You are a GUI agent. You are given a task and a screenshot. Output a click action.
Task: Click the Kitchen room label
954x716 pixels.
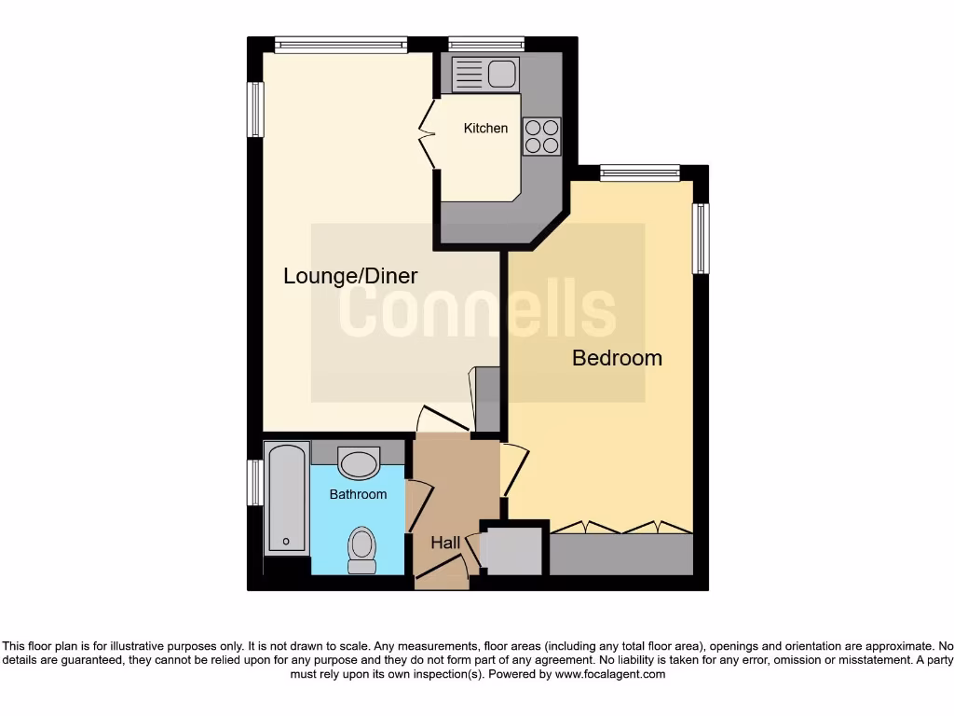point(485,128)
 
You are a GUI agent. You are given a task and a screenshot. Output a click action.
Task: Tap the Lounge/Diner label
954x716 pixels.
point(350,276)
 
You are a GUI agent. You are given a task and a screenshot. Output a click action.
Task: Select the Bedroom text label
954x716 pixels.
point(617,357)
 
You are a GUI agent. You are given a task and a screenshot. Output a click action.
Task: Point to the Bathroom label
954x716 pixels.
point(358,494)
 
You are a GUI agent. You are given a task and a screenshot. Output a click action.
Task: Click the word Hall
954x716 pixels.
point(445,542)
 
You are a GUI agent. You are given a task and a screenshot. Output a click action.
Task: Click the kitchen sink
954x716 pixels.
point(484,72)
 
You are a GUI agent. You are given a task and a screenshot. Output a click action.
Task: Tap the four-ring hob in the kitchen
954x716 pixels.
point(541,136)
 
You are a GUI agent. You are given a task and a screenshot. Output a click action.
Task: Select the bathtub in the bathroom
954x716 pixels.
point(286,500)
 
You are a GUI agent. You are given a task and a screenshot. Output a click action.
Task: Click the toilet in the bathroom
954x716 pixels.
point(361,550)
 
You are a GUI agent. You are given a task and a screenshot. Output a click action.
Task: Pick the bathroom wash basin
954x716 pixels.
point(359,462)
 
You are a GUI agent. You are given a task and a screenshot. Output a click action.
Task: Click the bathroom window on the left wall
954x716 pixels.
point(254,482)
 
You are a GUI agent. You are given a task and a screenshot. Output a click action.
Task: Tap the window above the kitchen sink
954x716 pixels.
point(485,44)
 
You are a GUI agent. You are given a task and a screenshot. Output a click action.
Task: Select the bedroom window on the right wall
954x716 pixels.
point(700,239)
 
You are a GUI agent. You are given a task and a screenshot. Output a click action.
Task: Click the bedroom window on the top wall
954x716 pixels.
point(640,172)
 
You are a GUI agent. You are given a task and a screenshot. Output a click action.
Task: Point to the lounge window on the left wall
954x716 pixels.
point(254,110)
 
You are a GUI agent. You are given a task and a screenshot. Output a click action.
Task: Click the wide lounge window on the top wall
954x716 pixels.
point(341,44)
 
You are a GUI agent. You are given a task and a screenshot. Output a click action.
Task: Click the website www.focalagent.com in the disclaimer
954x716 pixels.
point(610,674)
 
